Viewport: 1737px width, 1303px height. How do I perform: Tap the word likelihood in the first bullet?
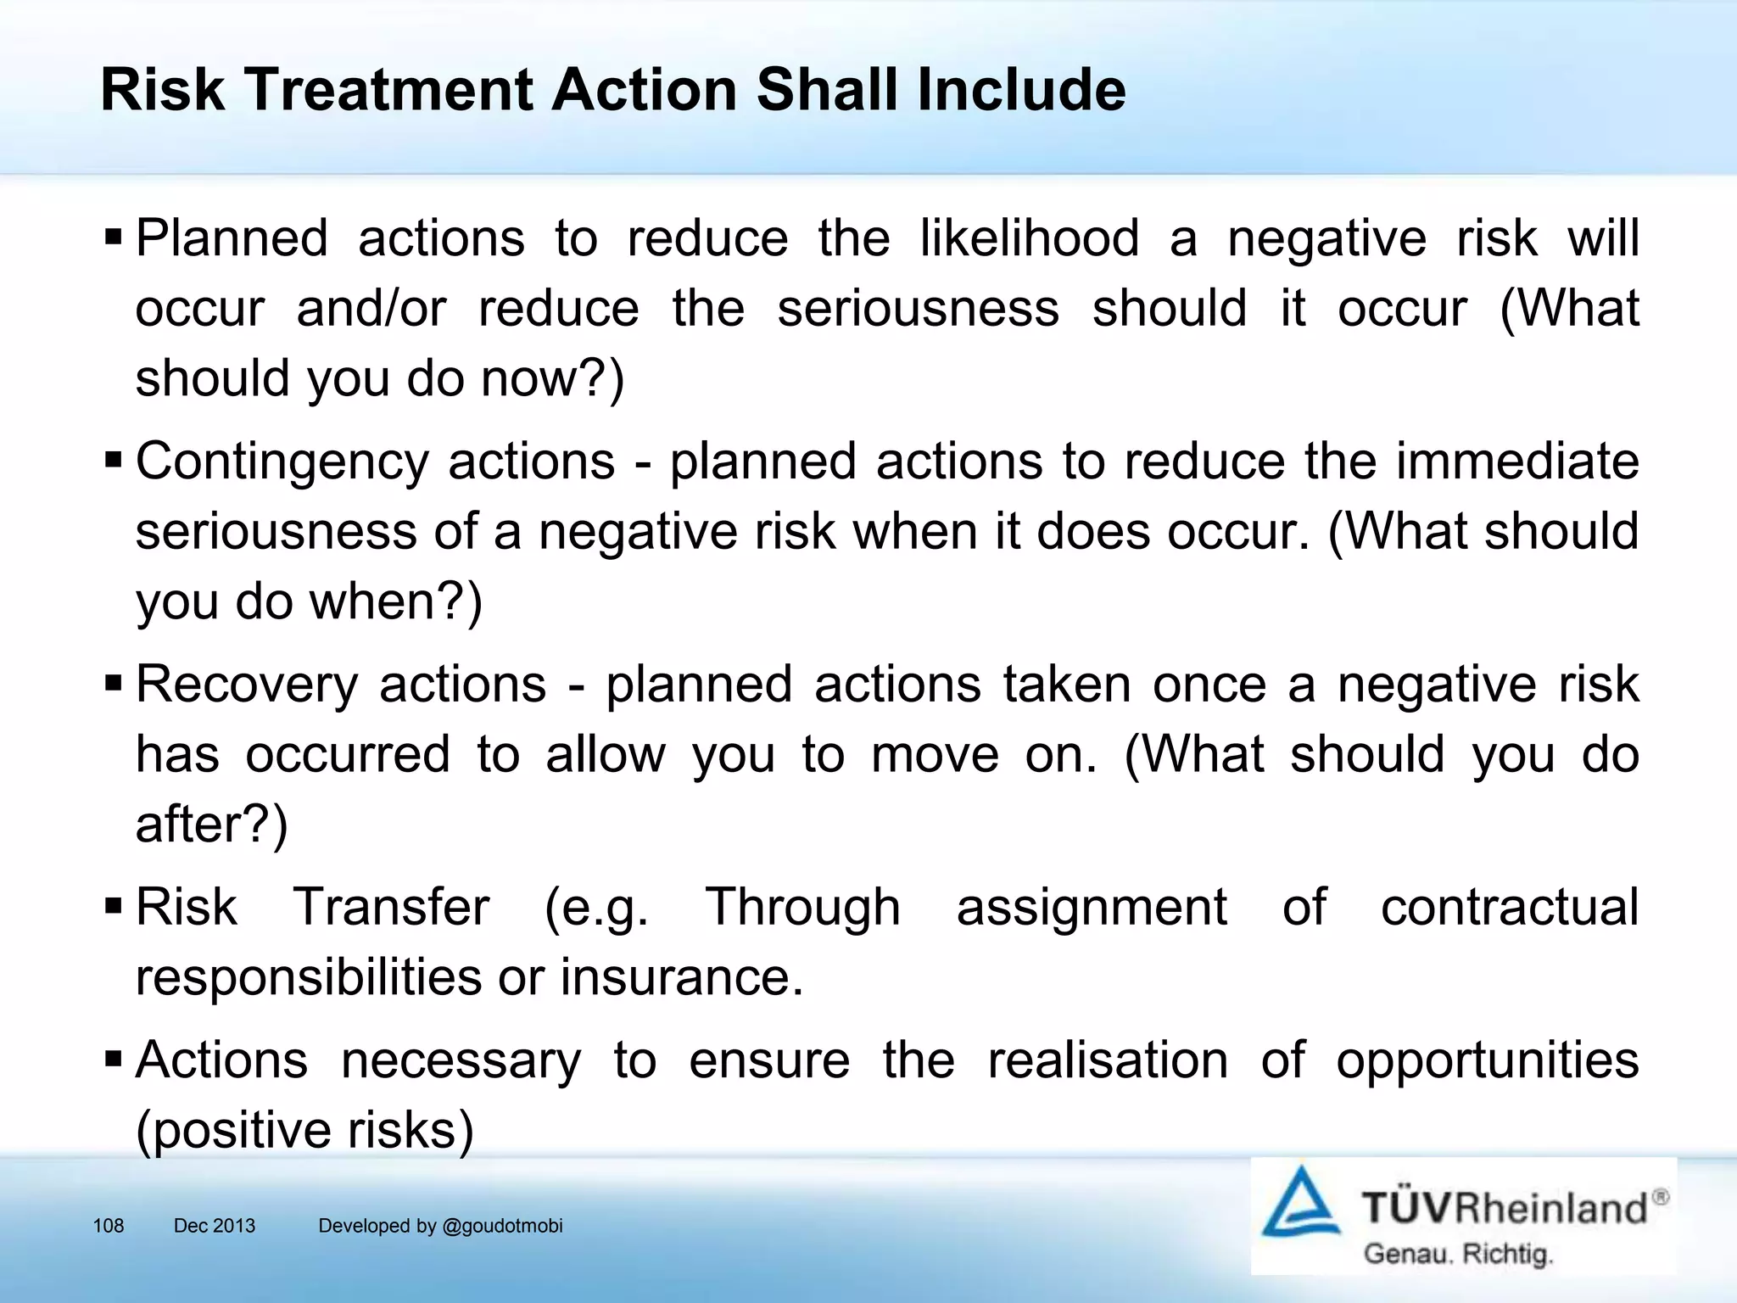click(x=1030, y=238)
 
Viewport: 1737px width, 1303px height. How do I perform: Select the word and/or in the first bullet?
click(x=371, y=309)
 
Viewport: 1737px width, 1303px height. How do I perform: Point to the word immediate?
click(x=1517, y=461)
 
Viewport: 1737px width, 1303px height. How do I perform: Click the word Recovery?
click(x=247, y=685)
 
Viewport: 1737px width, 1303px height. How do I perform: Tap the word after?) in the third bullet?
click(x=212, y=825)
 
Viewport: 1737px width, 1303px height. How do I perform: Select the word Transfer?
click(x=391, y=908)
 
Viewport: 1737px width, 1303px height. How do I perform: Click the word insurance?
click(x=681, y=978)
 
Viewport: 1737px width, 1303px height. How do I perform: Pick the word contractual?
click(x=1510, y=908)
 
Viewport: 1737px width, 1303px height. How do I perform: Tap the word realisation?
click(x=1108, y=1060)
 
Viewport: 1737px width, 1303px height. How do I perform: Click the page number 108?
click(x=109, y=1226)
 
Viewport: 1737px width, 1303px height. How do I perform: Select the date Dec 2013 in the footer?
click(x=215, y=1226)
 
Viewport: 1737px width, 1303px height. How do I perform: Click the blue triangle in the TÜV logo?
click(x=1300, y=1205)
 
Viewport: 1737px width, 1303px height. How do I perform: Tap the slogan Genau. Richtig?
click(x=1458, y=1255)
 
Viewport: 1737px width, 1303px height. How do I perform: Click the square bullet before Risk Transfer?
click(x=114, y=908)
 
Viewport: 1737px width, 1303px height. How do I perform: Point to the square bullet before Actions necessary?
click(x=114, y=1060)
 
